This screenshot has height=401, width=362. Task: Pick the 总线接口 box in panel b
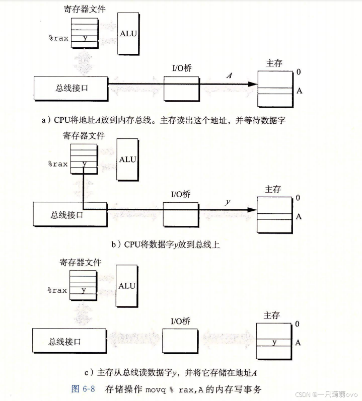[70, 214]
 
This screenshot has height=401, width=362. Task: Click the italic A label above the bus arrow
[229, 75]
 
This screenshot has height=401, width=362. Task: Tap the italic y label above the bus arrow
[228, 202]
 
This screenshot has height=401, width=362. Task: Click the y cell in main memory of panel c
[274, 342]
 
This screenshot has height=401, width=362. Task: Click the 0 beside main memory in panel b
[298, 198]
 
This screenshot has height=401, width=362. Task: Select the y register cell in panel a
[85, 38]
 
